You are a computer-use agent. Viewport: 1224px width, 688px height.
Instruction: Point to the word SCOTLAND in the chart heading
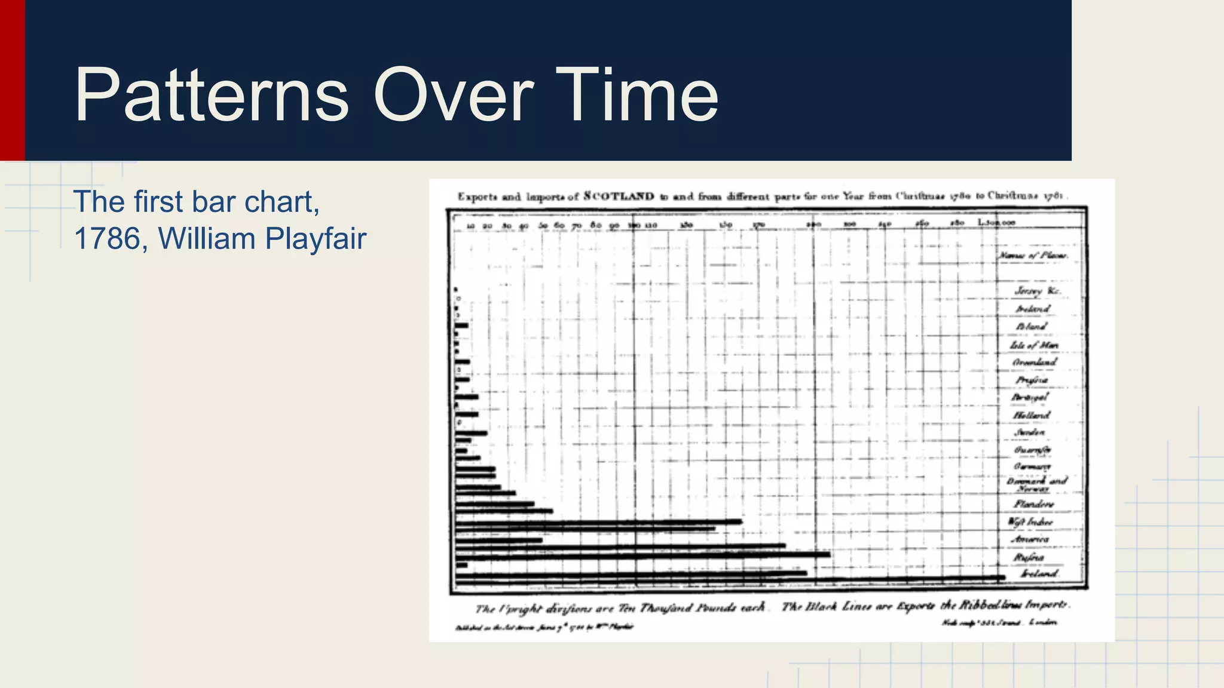tap(619, 196)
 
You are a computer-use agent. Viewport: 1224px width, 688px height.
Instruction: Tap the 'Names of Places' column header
tap(1033, 256)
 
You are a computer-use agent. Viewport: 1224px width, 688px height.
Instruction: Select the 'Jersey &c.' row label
tap(1038, 291)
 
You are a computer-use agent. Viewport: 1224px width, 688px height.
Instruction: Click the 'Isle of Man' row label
tap(1034, 345)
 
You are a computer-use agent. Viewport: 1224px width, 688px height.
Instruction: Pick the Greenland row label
tap(1035, 363)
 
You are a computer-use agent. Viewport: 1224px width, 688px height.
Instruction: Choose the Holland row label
tap(1032, 414)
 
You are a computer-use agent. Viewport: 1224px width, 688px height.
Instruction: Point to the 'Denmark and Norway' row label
tap(1036, 484)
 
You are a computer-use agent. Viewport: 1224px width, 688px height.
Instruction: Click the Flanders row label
tap(1033, 504)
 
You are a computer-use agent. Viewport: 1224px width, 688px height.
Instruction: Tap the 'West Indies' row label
tap(1030, 521)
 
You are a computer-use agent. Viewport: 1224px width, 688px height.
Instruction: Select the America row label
tap(1030, 539)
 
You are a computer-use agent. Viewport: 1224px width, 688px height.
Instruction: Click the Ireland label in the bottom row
tap(1039, 573)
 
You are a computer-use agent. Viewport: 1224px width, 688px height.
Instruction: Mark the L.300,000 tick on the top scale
tap(996, 223)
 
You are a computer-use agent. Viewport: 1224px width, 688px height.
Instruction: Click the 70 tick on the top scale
tap(577, 225)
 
